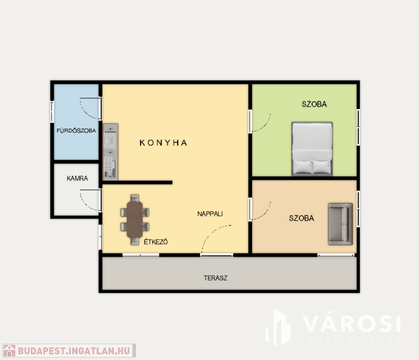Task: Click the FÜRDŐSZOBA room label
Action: click(x=76, y=130)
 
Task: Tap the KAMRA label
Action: click(x=77, y=178)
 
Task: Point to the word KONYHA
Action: click(x=163, y=143)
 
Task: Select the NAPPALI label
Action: click(x=210, y=214)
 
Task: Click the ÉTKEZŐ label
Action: click(x=156, y=242)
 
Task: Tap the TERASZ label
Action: click(x=215, y=278)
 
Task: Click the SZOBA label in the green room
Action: click(x=314, y=104)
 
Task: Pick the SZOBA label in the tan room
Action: click(x=301, y=218)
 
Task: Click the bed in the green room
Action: click(x=312, y=149)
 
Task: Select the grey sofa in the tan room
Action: click(x=340, y=224)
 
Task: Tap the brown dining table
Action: click(x=135, y=219)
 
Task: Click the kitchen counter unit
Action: click(x=110, y=151)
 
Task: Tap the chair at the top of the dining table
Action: click(x=135, y=198)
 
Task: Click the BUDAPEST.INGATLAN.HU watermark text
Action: click(x=74, y=351)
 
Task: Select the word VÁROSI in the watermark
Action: click(x=351, y=324)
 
